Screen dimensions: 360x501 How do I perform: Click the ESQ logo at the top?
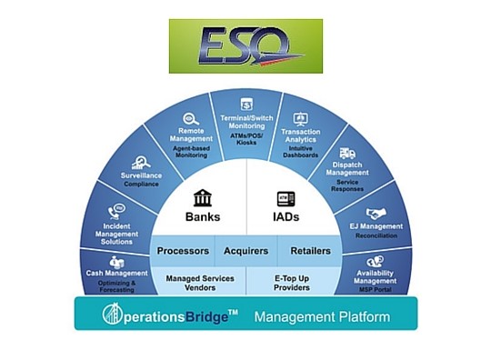point(245,45)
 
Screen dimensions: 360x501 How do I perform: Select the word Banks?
point(203,217)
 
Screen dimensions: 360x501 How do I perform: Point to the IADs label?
point(286,217)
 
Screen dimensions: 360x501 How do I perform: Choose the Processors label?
point(183,251)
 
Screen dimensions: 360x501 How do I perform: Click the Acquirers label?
point(245,251)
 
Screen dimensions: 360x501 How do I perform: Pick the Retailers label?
point(310,251)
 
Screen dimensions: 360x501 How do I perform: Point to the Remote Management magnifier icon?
point(191,118)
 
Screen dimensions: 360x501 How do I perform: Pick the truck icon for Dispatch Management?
point(346,154)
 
